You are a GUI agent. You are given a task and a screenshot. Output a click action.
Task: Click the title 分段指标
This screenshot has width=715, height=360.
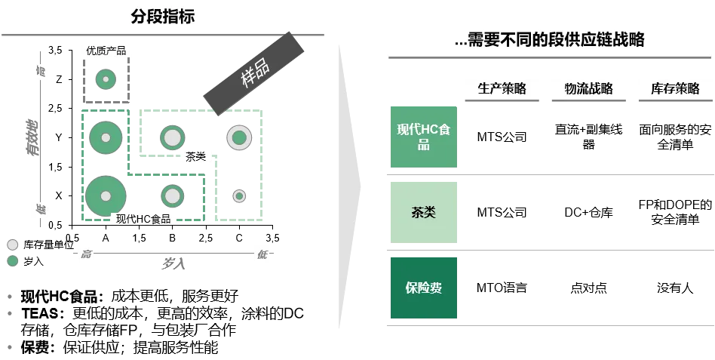click(x=163, y=16)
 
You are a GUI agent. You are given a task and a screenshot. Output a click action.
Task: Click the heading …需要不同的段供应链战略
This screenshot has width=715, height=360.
click(x=550, y=40)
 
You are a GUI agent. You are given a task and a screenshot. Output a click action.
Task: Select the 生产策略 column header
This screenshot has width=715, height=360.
click(x=502, y=88)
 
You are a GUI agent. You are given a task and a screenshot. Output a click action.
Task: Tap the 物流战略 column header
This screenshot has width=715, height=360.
click(x=589, y=88)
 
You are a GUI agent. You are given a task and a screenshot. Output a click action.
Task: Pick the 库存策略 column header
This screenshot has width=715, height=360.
click(x=675, y=88)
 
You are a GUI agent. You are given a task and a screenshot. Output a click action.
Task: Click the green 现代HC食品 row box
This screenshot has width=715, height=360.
click(x=422, y=136)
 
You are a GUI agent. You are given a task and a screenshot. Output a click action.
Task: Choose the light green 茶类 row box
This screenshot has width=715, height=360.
click(x=422, y=213)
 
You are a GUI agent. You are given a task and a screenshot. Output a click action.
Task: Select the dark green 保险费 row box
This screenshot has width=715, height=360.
click(x=422, y=287)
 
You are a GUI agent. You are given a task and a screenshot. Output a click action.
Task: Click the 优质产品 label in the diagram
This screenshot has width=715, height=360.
click(x=106, y=51)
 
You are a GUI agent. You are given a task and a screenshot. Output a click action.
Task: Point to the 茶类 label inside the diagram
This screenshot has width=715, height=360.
click(x=195, y=156)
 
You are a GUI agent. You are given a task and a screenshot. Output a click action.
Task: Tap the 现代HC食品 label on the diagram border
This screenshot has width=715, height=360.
click(x=143, y=219)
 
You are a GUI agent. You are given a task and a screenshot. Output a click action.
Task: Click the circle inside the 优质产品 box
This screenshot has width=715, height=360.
click(x=106, y=78)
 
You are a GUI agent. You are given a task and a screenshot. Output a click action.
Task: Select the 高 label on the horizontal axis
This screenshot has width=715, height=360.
click(x=86, y=254)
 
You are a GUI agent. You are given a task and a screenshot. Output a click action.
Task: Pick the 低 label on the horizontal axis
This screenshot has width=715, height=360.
click(x=262, y=254)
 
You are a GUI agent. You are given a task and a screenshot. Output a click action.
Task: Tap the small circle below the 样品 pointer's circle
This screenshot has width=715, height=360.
click(x=239, y=196)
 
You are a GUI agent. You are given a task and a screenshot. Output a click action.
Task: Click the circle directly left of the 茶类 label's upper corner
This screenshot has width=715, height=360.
click(x=173, y=137)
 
